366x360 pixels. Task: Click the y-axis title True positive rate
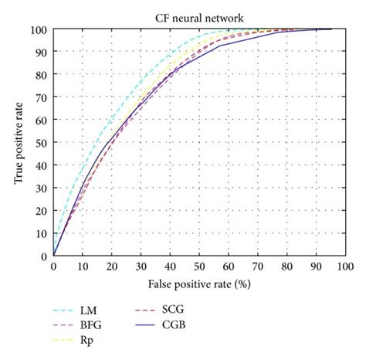click(18, 143)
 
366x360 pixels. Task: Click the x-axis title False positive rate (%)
click(198, 284)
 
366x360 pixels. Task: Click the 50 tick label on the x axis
click(199, 267)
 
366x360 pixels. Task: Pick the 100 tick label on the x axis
click(344, 267)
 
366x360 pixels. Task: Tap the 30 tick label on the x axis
click(141, 267)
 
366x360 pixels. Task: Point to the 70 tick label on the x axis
click(257, 267)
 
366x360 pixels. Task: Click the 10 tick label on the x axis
click(83, 267)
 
